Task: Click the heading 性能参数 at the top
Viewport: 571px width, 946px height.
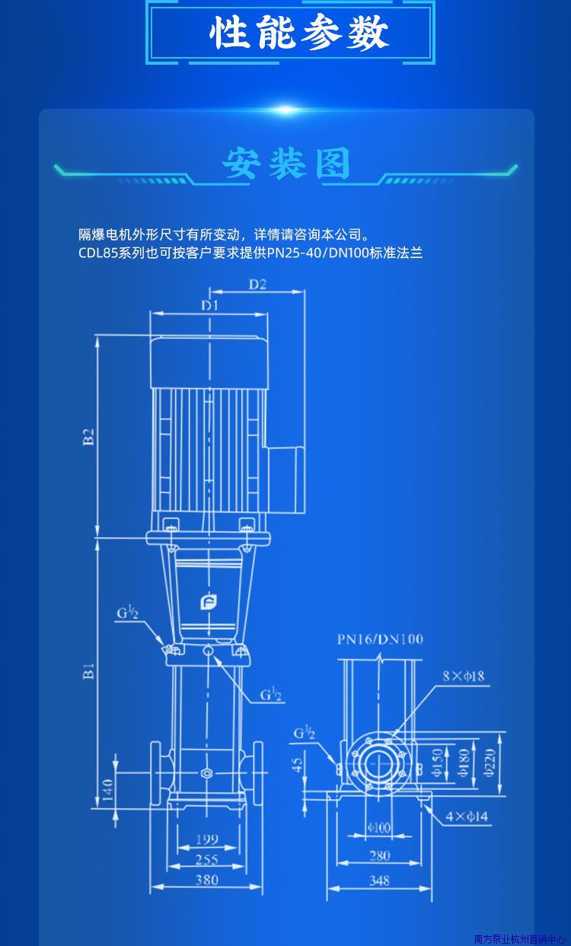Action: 299,33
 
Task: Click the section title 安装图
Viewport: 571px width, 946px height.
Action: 286,164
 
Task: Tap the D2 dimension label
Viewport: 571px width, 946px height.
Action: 257,284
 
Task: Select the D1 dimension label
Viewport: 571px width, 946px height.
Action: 209,305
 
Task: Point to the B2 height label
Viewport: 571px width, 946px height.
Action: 88,437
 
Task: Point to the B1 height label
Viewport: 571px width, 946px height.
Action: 88,671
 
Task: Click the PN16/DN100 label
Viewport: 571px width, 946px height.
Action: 380,639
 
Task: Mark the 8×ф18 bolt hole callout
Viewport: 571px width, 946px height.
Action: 464,676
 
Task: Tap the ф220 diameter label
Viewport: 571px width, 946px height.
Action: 490,763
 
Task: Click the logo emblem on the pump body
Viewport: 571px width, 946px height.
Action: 209,602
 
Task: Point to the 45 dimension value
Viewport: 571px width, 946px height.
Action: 298,763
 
